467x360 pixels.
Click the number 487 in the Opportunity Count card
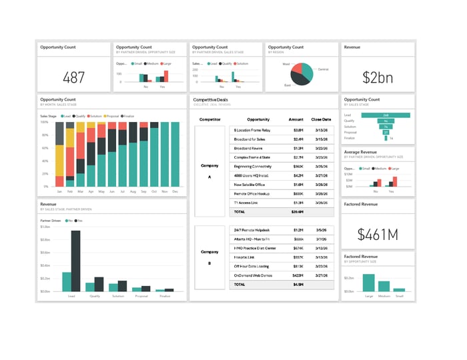click(x=73, y=77)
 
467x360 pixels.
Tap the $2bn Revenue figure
click(x=377, y=77)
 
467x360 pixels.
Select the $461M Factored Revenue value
click(x=377, y=234)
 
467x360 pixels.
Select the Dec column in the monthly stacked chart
click(x=175, y=154)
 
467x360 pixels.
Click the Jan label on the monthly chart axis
click(x=59, y=191)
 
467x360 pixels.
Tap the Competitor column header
click(x=209, y=119)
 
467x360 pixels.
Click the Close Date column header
click(x=321, y=119)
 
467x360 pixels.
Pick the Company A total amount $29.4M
click(x=297, y=211)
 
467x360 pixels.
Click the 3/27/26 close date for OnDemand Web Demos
click(x=321, y=274)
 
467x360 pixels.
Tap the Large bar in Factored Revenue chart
click(x=368, y=283)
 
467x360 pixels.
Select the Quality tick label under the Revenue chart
click(x=95, y=295)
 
